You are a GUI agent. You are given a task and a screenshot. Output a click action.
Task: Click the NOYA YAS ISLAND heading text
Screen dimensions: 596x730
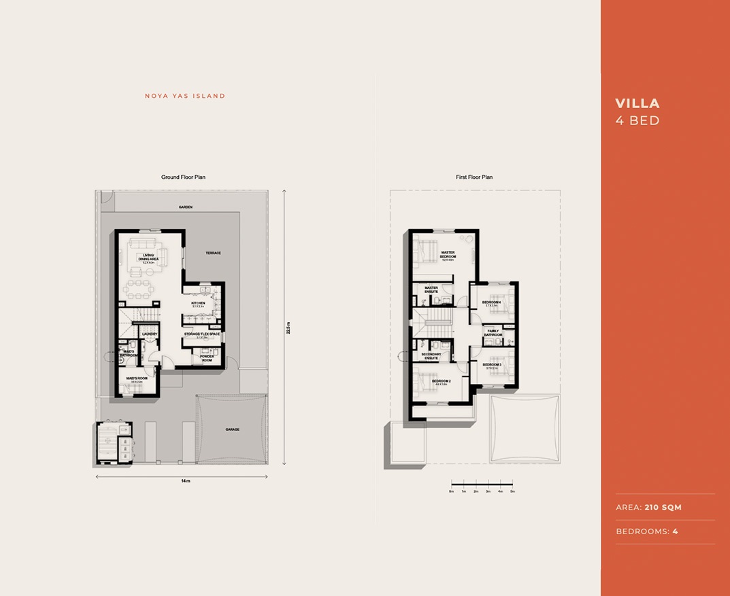coord(185,97)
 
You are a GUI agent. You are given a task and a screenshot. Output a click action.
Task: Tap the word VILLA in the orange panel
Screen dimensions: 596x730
coord(637,103)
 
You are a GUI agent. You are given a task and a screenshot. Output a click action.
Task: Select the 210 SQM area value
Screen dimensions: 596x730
coord(663,507)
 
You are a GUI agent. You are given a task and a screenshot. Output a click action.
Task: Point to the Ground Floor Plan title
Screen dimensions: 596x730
coord(183,177)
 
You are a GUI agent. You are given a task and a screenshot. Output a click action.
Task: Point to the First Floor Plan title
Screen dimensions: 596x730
coord(474,177)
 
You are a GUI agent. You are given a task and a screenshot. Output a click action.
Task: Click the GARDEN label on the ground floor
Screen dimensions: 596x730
coord(186,207)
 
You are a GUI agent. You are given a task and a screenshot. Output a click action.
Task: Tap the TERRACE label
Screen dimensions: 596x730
coord(214,253)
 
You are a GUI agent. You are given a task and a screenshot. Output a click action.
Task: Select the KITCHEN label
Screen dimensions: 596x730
coord(198,303)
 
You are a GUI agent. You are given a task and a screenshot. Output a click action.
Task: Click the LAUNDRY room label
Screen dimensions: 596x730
coord(150,334)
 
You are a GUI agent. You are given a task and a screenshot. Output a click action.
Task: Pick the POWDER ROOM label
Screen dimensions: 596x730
coord(207,358)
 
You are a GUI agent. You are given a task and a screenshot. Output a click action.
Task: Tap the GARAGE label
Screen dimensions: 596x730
coord(233,430)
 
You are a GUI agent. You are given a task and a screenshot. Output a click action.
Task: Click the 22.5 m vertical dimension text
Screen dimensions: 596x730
coord(288,328)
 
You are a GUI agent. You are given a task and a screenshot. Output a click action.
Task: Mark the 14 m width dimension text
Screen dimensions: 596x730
coord(185,480)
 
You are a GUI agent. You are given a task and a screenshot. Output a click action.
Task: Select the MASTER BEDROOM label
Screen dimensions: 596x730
coord(448,254)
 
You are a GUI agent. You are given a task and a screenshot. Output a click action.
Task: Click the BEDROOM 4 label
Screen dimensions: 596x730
coord(491,302)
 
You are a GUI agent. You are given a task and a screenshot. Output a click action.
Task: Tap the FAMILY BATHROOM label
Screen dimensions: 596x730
coord(493,333)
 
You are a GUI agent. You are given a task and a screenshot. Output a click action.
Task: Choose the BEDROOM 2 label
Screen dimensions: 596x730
coord(441,381)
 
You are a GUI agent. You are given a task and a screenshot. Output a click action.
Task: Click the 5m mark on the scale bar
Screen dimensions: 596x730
coord(512,491)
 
